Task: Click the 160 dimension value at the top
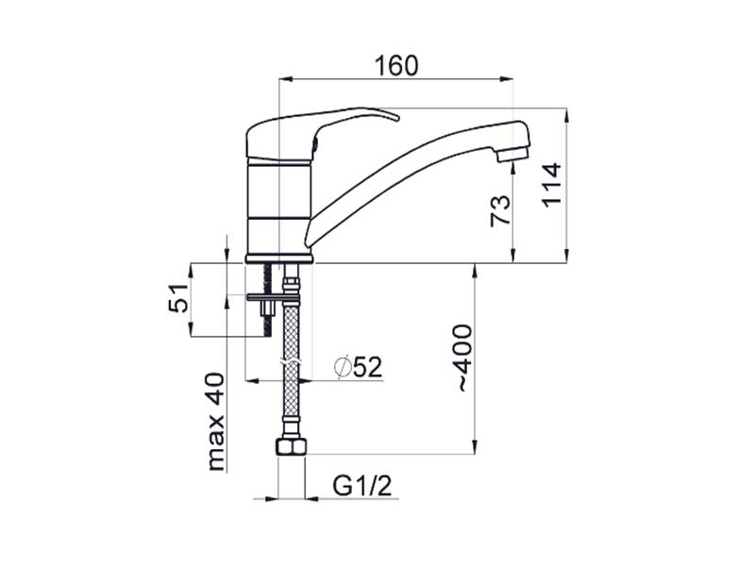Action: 395,65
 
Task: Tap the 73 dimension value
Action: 501,209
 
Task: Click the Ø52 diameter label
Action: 359,367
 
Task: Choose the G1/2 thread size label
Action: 361,486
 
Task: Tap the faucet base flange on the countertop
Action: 278,258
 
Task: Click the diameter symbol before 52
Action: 343,367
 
